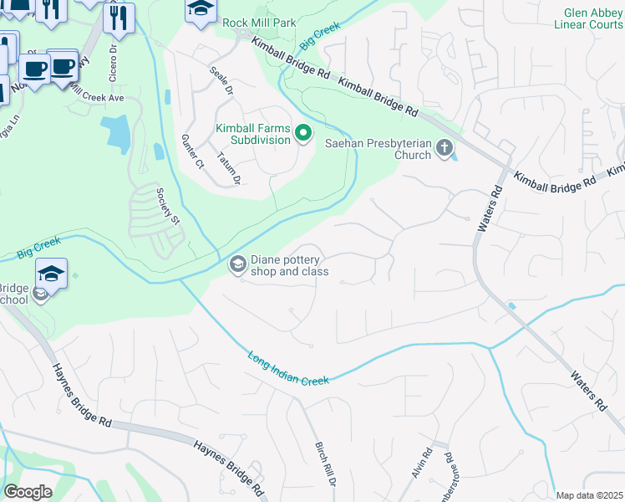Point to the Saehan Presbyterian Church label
[378, 149]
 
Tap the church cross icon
[444, 149]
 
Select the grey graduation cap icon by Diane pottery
[237, 265]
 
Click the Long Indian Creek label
[287, 368]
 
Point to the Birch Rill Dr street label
[323, 464]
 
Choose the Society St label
[169, 206]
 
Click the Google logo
[28, 492]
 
